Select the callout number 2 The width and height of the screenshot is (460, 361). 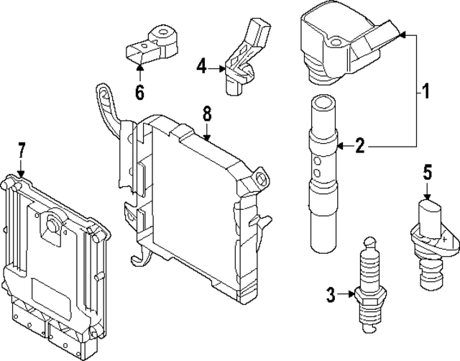[362, 147]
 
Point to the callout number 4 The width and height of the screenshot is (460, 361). [203, 67]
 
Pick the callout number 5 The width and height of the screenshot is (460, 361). [427, 172]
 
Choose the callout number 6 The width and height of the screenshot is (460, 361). [139, 92]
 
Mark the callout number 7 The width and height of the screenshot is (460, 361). [22, 150]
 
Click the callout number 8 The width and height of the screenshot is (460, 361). [207, 113]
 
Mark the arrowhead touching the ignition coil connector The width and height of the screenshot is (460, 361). [402, 33]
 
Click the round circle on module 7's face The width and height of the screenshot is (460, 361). [52, 225]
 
